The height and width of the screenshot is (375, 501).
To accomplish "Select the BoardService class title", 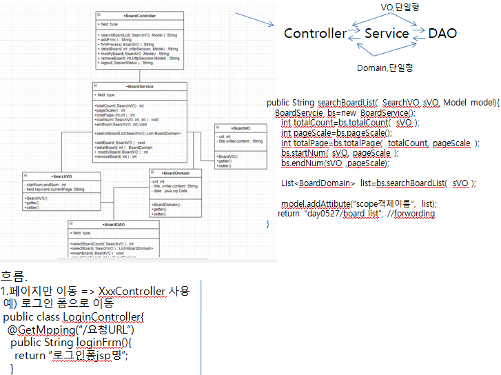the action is (140, 85).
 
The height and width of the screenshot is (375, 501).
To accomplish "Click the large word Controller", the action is (315, 33).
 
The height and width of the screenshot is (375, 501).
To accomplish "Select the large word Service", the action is (387, 33).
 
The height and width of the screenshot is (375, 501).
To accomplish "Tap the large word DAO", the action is (442, 33).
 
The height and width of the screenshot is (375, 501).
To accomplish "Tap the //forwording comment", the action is (411, 214).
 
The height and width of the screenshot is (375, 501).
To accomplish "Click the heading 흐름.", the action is (14, 278).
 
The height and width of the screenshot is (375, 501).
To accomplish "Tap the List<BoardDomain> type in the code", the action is (318, 183).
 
